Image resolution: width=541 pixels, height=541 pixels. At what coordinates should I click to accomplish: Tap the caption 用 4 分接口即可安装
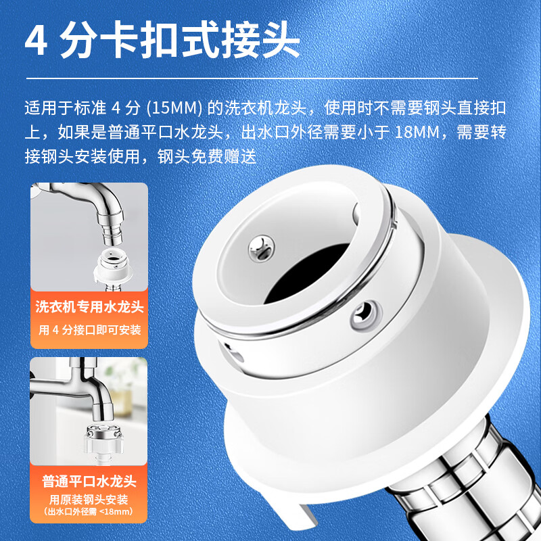point(89,330)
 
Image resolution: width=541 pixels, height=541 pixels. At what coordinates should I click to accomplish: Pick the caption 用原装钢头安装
point(89,500)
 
